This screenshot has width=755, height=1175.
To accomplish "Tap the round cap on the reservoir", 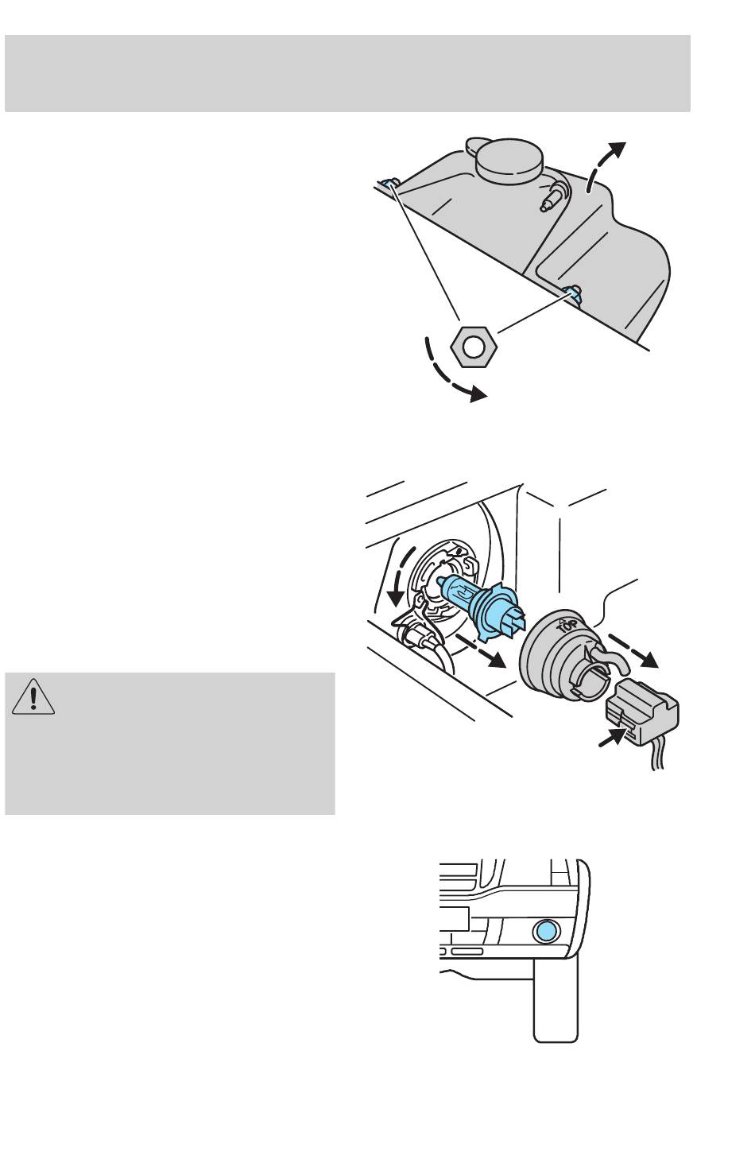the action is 509,158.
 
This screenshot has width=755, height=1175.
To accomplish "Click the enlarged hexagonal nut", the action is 474,346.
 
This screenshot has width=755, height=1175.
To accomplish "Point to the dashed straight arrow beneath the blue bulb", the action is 482,651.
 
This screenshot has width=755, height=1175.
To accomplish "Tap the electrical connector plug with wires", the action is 641,713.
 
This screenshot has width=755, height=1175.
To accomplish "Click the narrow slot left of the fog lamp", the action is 467,952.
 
